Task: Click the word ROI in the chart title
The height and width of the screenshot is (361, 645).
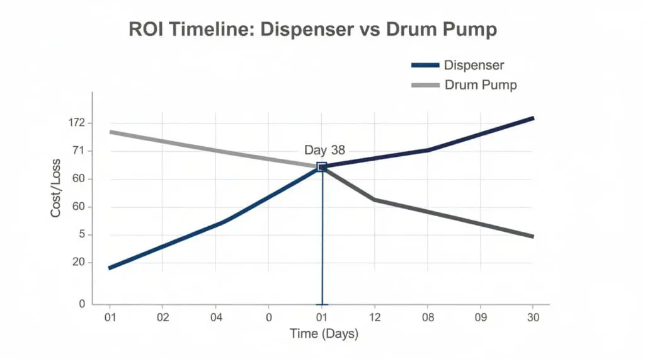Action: [x=147, y=30]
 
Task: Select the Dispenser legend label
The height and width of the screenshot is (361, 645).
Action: [x=474, y=65]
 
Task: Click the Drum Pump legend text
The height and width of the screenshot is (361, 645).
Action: [x=481, y=84]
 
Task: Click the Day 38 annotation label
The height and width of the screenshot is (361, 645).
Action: [x=324, y=150]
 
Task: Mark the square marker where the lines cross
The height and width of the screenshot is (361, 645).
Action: [x=322, y=166]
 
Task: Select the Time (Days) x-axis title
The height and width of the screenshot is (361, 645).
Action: [x=324, y=334]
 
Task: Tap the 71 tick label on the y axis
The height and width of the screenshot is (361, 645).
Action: [x=79, y=151]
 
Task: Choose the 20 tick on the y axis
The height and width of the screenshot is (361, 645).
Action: [x=79, y=263]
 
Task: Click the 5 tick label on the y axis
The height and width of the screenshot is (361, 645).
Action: [x=81, y=235]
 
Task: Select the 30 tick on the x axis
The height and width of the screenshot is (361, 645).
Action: [x=533, y=317]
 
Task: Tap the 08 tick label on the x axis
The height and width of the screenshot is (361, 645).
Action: [x=428, y=317]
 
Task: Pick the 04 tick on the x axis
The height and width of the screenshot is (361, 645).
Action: [x=215, y=317]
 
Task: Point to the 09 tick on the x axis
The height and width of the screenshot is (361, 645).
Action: [x=480, y=317]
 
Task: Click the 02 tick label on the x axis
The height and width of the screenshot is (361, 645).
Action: [x=163, y=317]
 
